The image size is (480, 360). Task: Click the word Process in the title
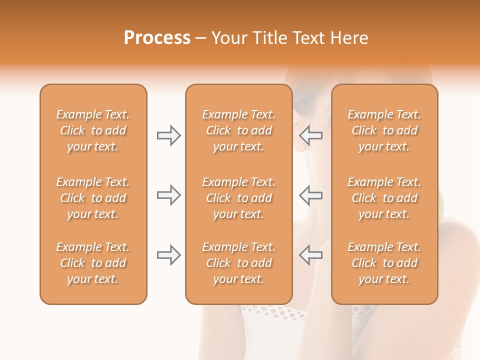click(157, 38)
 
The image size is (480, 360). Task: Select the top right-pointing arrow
click(168, 135)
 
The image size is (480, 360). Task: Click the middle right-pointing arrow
click(168, 195)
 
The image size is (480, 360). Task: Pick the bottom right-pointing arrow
click(168, 255)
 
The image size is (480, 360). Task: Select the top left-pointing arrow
click(310, 135)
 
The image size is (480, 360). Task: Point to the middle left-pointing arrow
click(310, 195)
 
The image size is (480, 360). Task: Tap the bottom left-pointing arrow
click(310, 255)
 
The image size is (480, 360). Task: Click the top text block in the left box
click(93, 130)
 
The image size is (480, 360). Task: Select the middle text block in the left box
click(93, 198)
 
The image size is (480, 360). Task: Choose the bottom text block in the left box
click(93, 263)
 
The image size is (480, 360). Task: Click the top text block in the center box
click(238, 130)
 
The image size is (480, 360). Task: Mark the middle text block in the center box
click(238, 198)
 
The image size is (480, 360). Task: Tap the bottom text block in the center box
click(238, 263)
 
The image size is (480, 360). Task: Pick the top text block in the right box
click(384, 130)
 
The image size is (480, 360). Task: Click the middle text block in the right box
click(384, 198)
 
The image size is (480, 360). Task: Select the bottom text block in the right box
click(384, 263)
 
